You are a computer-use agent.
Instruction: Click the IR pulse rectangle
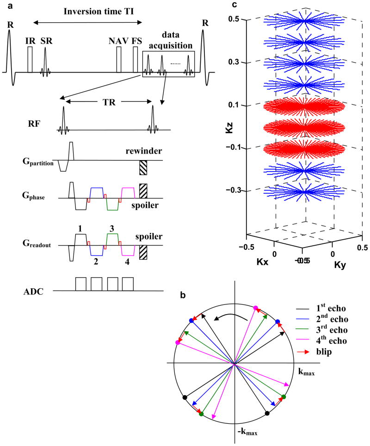tap(30, 60)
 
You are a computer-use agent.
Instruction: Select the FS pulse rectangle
tap(136, 60)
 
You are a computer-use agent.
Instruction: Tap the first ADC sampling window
tap(81, 284)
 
